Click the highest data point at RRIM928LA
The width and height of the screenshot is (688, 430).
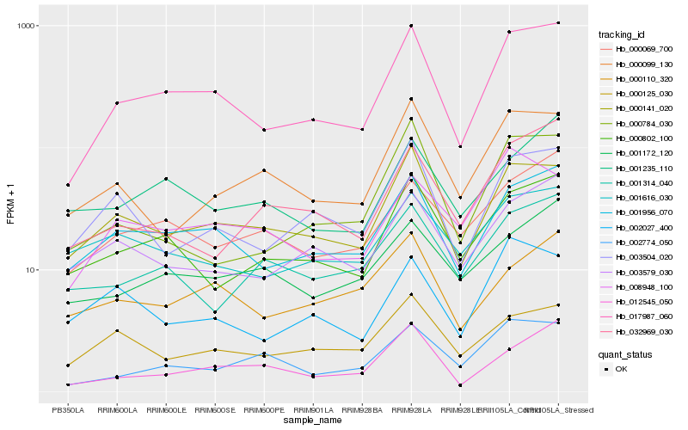[x=411, y=26]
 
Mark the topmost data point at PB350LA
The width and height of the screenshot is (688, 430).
[x=68, y=185]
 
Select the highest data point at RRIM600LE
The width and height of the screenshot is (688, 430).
[x=166, y=92]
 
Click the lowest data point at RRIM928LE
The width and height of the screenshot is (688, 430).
[x=460, y=385]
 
